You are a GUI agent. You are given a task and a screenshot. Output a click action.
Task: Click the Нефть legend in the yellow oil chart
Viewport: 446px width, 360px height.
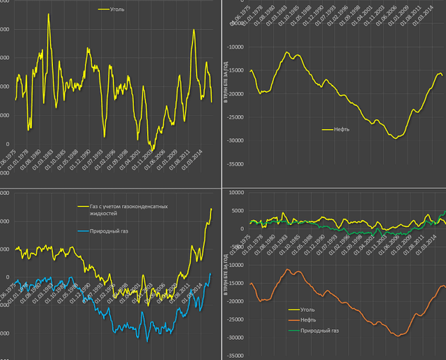(x=341, y=129)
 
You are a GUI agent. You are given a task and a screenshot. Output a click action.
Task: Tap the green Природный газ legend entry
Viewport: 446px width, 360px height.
(x=321, y=330)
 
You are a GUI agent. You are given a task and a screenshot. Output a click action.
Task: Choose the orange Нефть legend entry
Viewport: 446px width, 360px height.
(x=310, y=320)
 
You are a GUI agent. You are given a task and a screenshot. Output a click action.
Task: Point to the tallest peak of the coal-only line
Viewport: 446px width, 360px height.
(x=48, y=14)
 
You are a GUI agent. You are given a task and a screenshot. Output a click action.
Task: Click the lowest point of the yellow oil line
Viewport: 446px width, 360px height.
(x=396, y=138)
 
